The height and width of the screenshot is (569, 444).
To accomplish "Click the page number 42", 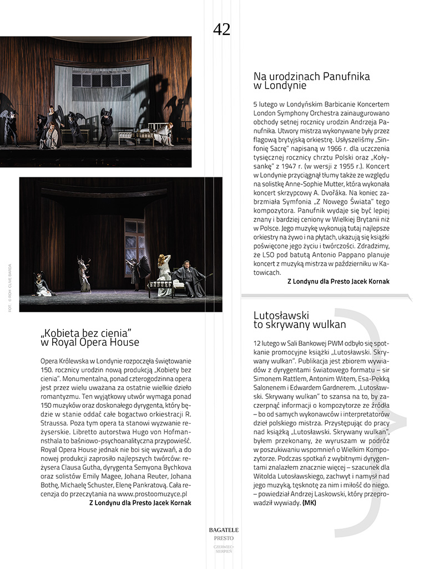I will click(221, 29).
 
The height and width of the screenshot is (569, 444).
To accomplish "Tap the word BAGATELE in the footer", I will click(224, 530).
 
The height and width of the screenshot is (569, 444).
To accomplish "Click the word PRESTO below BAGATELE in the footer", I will click(224, 538).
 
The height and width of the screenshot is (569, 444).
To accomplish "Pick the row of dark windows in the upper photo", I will click(100, 80).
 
